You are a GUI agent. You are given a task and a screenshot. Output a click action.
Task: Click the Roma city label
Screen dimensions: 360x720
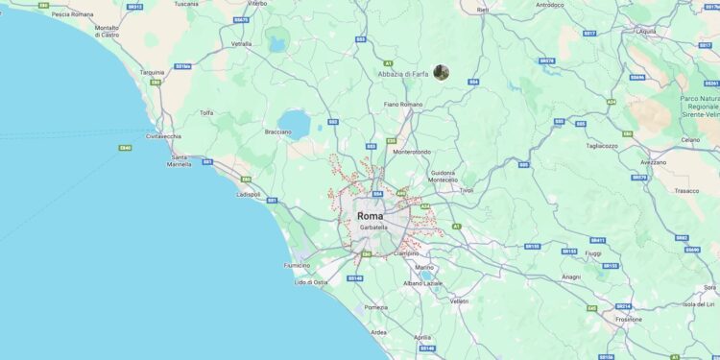point(370,216)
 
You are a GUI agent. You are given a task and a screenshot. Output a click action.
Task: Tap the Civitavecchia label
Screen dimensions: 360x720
point(164,136)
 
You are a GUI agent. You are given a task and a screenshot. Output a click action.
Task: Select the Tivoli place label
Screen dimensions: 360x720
point(467,190)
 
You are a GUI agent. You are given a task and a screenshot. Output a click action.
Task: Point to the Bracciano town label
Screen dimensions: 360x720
point(277,132)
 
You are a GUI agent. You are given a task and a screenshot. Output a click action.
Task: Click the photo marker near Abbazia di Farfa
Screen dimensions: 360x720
point(441,72)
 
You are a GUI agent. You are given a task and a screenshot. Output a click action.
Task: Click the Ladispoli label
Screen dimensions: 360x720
point(248,194)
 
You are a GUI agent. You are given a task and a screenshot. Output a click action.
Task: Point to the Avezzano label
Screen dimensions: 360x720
point(654,161)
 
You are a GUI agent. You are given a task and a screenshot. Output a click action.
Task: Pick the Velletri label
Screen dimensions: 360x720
point(459,301)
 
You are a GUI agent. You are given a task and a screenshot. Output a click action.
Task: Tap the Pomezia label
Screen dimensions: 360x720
point(375,307)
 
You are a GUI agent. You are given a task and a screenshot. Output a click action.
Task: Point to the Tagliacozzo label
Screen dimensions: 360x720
point(602,146)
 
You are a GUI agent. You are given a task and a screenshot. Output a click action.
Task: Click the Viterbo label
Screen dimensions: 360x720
point(257,4)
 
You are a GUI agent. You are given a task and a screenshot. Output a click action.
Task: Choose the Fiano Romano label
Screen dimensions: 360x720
point(402,104)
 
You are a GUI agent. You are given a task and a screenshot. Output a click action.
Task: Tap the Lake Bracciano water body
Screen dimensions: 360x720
point(296,124)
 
